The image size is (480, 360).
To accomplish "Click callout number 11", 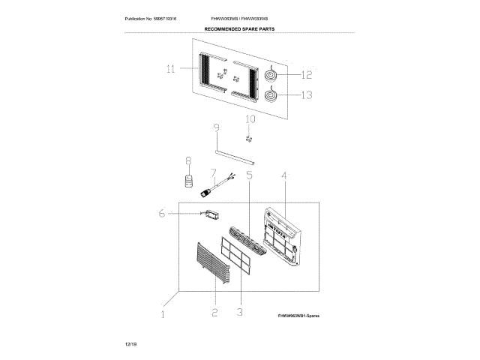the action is click(x=171, y=69).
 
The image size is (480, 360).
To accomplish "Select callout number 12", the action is click(x=306, y=74).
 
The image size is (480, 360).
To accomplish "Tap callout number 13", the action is click(x=306, y=95).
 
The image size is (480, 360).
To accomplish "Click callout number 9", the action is click(x=216, y=128).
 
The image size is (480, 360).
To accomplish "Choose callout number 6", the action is click(x=162, y=214).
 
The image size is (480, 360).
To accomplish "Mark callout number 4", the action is click(x=284, y=177).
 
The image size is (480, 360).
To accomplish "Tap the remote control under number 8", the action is click(x=190, y=181).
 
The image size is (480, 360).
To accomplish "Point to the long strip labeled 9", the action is click(x=234, y=154).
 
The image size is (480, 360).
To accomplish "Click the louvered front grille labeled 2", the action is click(x=212, y=263).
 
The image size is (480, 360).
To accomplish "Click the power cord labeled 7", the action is click(x=217, y=184).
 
